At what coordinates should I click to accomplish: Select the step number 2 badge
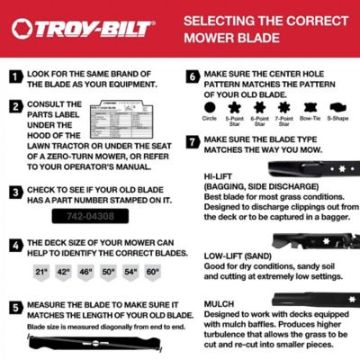15,105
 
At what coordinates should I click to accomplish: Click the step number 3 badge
15,192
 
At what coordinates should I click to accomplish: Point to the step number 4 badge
15,243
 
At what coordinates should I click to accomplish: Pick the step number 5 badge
15,306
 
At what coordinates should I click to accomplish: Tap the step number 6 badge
192,76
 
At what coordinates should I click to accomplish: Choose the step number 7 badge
192,141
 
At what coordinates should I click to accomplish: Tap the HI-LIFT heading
219,176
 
